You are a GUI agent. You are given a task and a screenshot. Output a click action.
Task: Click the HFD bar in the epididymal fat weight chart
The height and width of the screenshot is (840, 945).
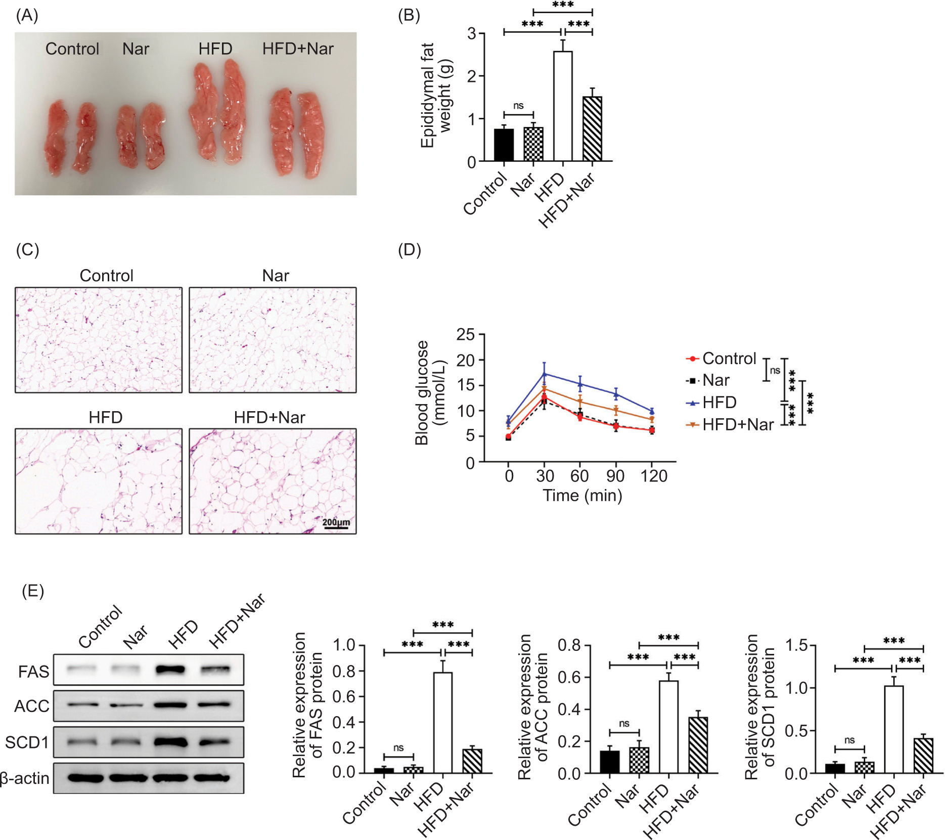coord(563,106)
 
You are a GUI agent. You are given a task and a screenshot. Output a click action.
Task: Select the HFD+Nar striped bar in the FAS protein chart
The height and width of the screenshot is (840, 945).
coord(472,761)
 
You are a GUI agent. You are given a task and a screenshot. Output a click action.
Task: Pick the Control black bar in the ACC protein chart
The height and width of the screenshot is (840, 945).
coord(609,762)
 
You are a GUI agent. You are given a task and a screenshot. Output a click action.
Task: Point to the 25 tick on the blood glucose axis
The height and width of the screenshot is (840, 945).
coord(466,334)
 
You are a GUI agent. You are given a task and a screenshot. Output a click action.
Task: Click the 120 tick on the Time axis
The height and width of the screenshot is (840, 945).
coord(653,476)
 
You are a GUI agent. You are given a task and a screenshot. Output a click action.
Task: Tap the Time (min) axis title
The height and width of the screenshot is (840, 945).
coord(582,495)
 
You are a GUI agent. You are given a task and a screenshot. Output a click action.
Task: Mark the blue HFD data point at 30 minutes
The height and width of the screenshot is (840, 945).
coord(545,374)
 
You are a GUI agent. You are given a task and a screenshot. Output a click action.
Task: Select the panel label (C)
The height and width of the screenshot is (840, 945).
coord(27,249)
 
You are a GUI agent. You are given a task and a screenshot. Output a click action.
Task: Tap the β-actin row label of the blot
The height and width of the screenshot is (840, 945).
coord(24,778)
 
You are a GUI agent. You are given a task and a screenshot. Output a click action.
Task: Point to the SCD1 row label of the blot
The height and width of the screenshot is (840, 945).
coord(27,742)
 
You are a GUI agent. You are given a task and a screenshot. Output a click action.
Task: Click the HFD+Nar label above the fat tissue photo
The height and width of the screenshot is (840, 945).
coord(298,49)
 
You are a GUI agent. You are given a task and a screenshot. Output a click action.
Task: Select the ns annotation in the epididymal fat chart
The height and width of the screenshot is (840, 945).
coord(518,106)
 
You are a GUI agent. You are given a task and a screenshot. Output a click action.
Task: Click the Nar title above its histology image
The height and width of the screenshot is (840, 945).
coord(276,276)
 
